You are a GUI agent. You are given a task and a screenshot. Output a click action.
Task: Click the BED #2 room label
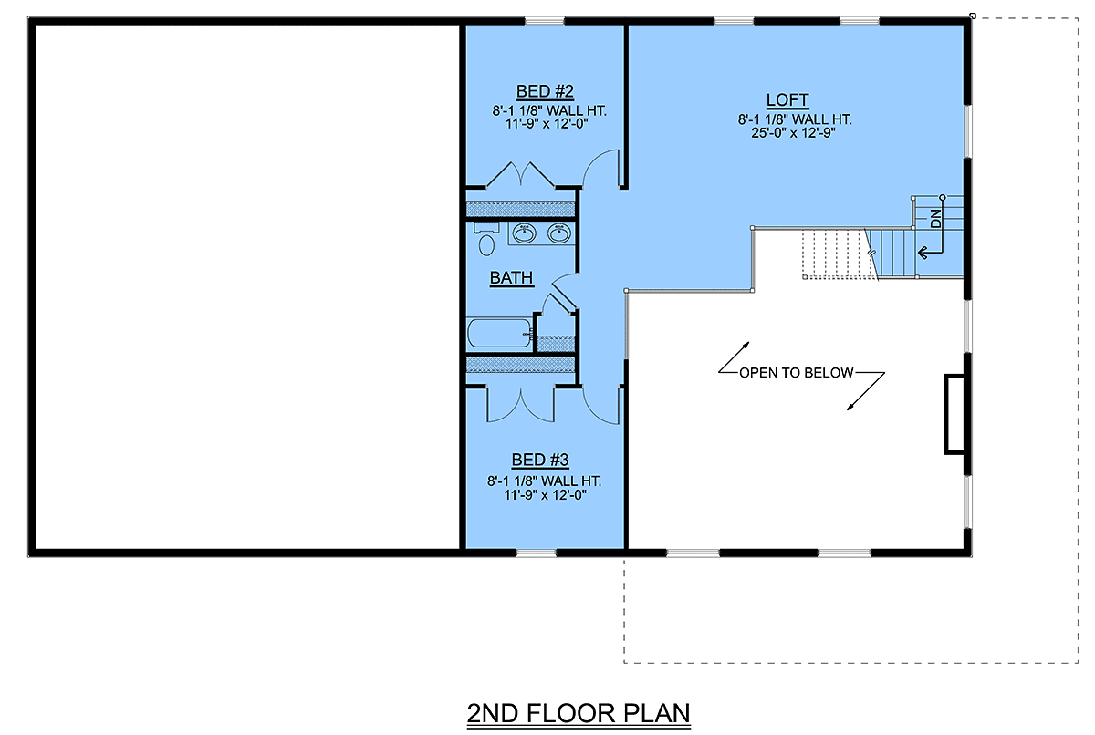[545, 91]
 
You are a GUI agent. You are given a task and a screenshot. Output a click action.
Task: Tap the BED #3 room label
[540, 460]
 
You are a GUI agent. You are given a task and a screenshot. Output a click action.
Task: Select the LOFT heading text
[787, 99]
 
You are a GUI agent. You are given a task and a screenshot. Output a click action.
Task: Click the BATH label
[511, 277]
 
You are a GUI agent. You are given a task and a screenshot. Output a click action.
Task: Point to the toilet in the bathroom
[485, 239]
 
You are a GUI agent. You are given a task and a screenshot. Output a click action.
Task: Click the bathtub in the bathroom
[500, 333]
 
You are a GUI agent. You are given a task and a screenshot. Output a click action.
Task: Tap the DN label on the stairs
[935, 218]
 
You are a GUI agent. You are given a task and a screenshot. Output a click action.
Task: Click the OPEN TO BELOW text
[797, 373]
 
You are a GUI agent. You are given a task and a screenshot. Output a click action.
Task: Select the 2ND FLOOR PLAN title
[579, 713]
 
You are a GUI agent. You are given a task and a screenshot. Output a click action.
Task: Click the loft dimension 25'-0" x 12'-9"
[793, 133]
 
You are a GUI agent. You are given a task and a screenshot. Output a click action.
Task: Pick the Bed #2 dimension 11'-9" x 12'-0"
[547, 123]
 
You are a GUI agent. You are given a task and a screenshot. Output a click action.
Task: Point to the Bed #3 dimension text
[545, 495]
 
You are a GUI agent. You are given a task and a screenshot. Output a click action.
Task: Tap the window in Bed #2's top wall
[545, 20]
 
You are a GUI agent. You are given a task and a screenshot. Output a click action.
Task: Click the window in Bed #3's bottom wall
[537, 553]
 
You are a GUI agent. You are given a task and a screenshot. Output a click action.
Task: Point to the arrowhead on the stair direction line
[923, 253]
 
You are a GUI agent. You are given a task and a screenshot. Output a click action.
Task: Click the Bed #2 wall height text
[549, 110]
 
